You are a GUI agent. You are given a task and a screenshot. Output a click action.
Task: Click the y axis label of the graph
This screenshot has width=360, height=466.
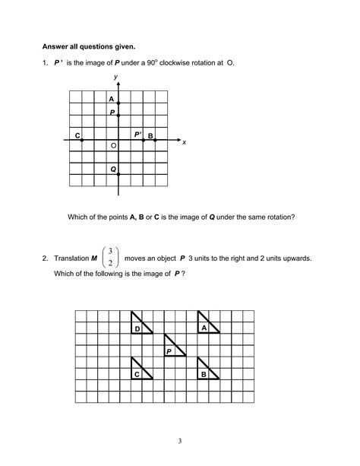click(x=115, y=77)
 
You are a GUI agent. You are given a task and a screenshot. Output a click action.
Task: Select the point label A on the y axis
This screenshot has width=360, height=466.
click(x=111, y=100)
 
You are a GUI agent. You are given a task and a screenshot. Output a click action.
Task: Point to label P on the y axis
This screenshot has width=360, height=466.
click(x=112, y=113)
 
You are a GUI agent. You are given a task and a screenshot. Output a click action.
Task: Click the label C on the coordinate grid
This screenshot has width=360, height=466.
click(x=77, y=135)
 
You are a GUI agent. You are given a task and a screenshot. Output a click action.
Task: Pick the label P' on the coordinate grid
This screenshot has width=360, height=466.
click(x=138, y=135)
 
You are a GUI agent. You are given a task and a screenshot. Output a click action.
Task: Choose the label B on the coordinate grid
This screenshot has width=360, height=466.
click(x=150, y=136)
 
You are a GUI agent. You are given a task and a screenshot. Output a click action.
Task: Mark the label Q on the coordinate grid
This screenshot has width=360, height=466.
click(x=112, y=170)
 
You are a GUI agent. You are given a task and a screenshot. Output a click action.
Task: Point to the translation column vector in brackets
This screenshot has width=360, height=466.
click(x=111, y=257)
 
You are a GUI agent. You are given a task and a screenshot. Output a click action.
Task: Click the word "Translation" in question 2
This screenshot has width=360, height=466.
click(x=71, y=258)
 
